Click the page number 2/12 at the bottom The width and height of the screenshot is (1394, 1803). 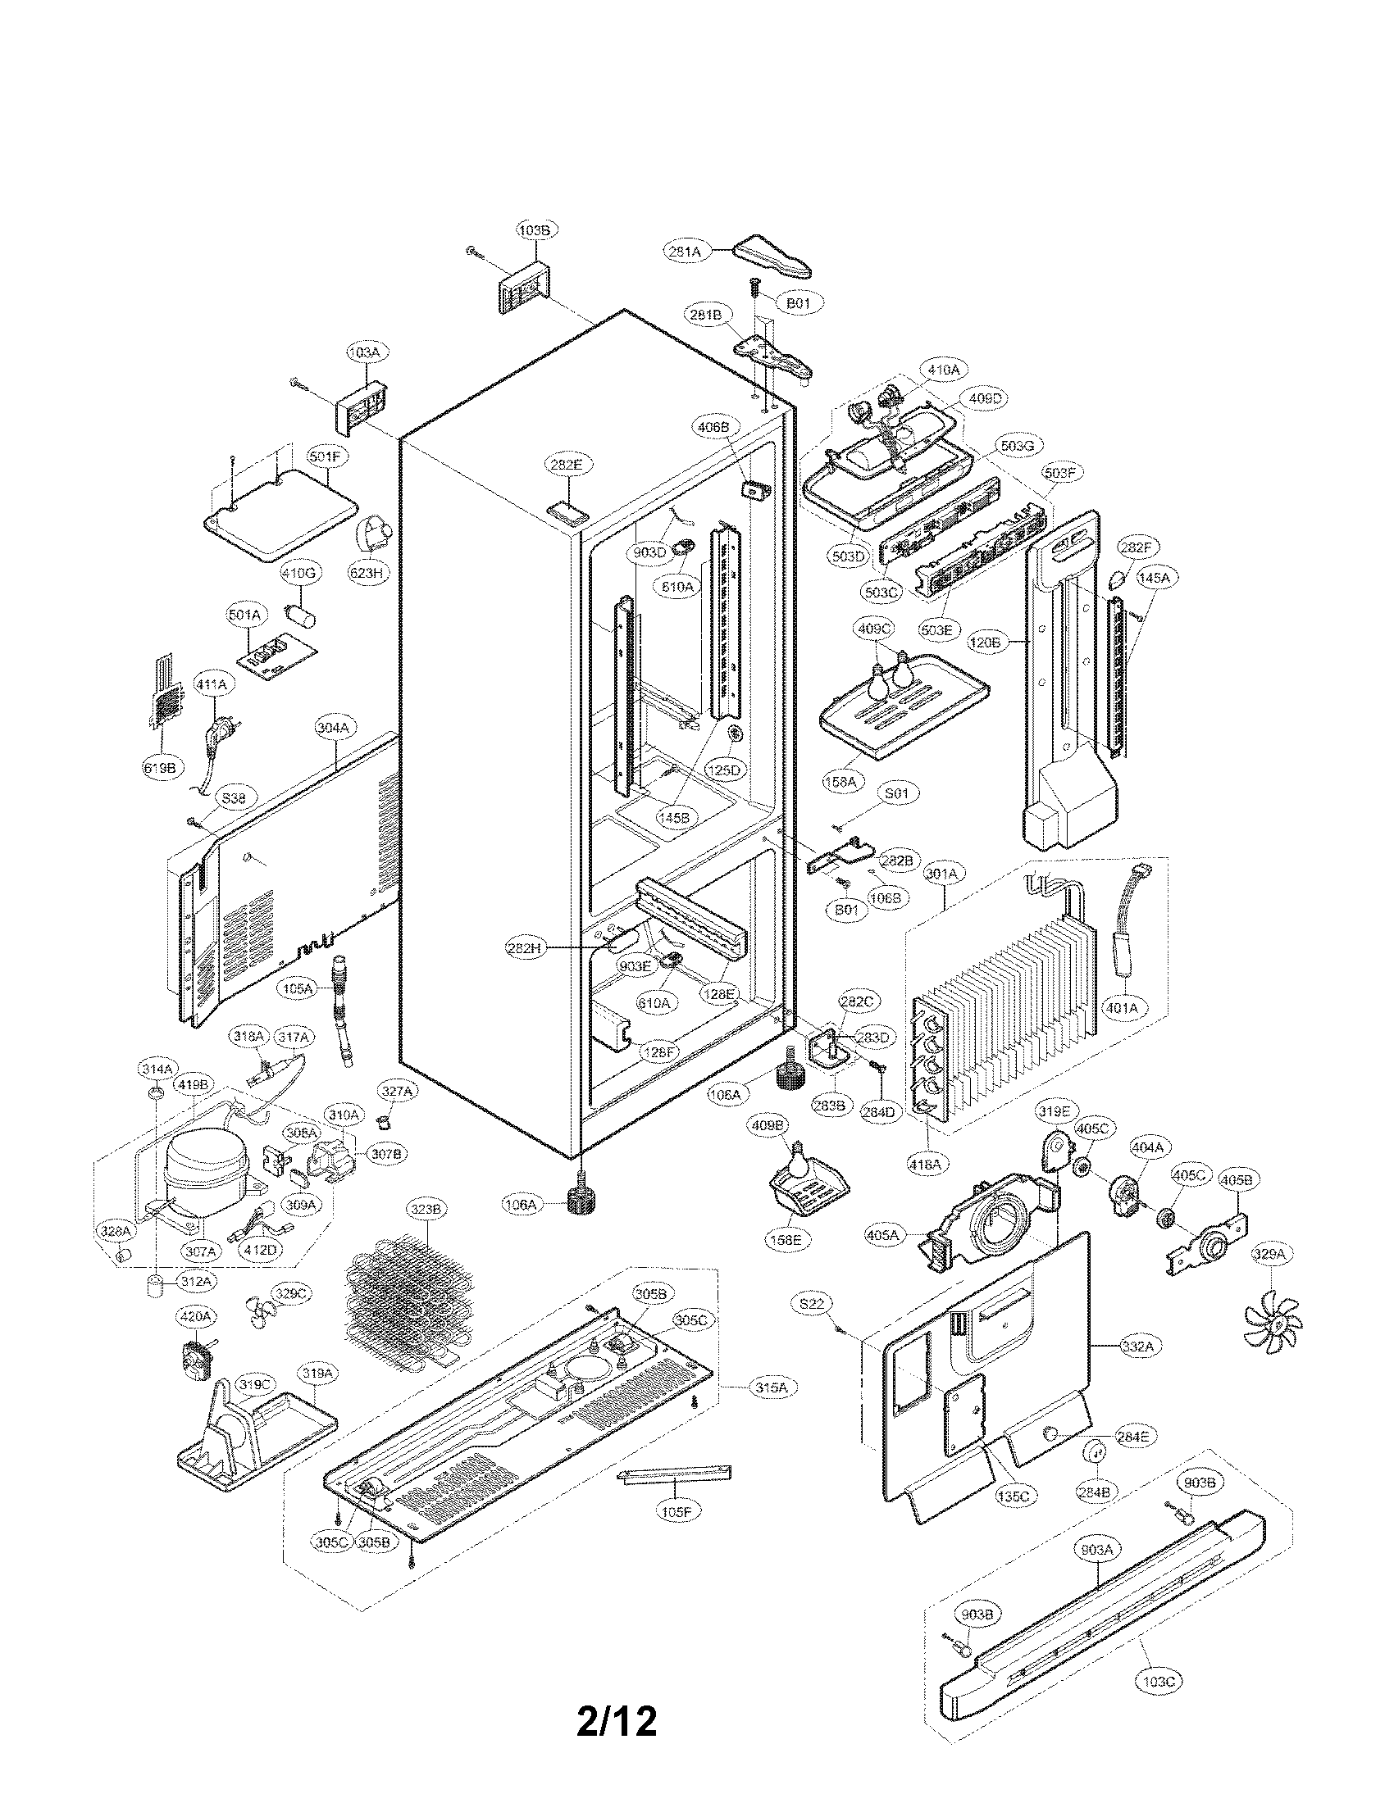(617, 1698)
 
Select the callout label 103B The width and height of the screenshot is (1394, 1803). (535, 230)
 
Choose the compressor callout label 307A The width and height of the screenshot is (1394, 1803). (201, 1251)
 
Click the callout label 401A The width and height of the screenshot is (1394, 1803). (1121, 1007)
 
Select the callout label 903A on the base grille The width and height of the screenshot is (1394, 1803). (1096, 1551)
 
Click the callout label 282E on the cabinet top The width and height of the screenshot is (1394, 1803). (566, 465)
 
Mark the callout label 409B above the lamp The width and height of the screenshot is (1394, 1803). (768, 1124)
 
